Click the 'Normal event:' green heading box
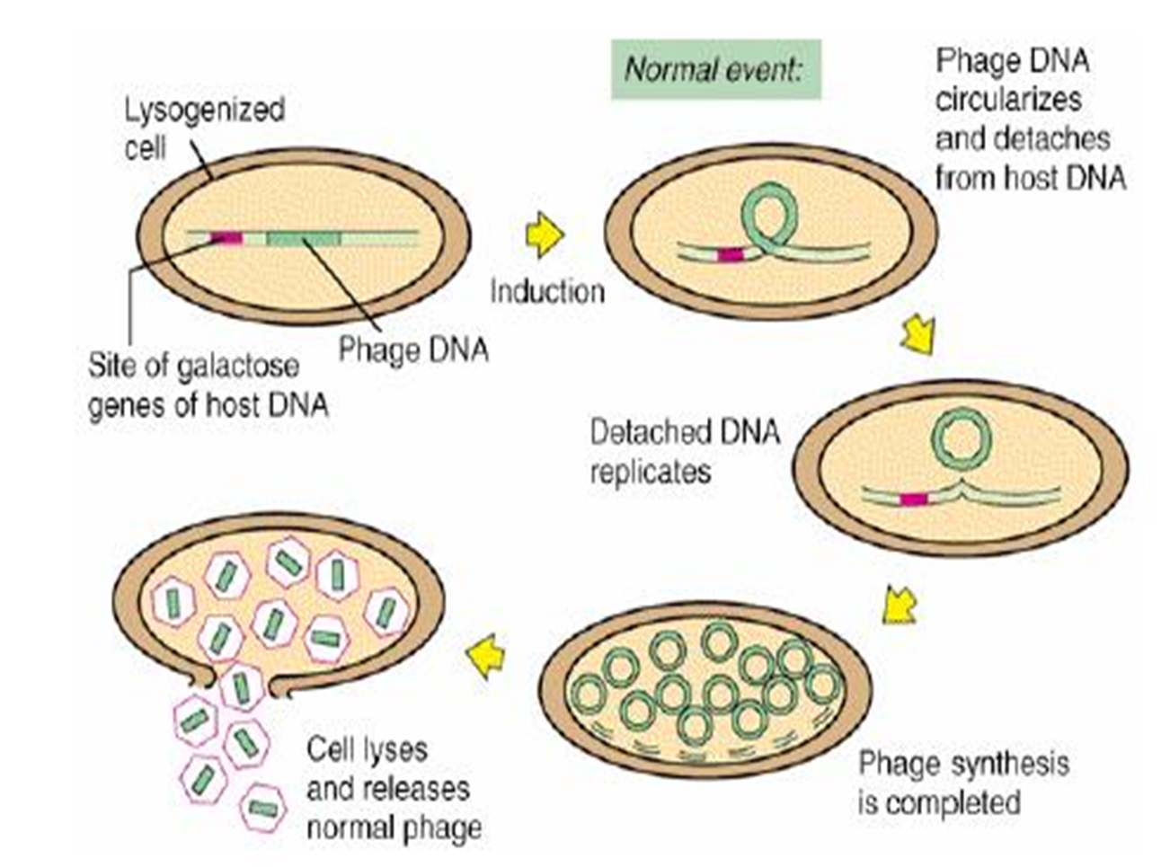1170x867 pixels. (x=715, y=69)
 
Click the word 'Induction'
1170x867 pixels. (x=546, y=291)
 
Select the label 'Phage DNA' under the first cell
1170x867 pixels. (x=413, y=349)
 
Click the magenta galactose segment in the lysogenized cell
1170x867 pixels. (x=226, y=238)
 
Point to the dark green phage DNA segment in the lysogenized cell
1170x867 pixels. (x=303, y=238)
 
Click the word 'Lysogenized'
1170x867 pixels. (x=204, y=110)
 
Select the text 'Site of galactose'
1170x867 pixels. (x=193, y=367)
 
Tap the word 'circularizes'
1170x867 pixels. (x=1007, y=99)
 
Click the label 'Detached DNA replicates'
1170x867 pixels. (x=685, y=451)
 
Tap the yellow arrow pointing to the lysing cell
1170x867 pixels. (x=486, y=653)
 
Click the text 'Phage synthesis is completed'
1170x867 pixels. (x=963, y=782)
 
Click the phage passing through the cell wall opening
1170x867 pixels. (x=240, y=687)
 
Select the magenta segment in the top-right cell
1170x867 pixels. (x=731, y=255)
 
